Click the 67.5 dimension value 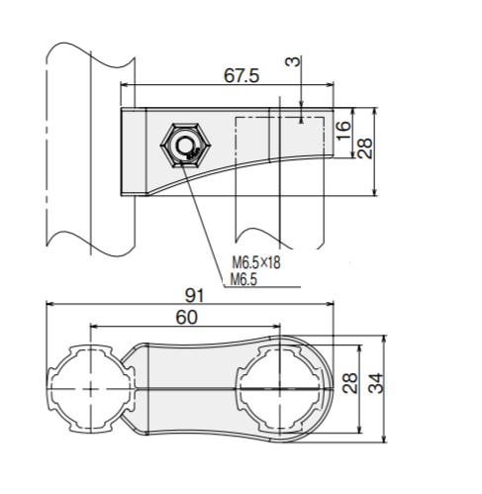pyautogui.click(x=241, y=75)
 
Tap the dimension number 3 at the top pyautogui.click(x=293, y=61)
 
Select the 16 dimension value pyautogui.click(x=343, y=131)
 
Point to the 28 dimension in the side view pyautogui.click(x=365, y=148)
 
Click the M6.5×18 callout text pyautogui.click(x=256, y=263)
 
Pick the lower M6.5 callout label pyautogui.click(x=243, y=279)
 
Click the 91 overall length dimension pyautogui.click(x=195, y=295)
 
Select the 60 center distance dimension pyautogui.click(x=186, y=318)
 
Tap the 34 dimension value pyautogui.click(x=376, y=383)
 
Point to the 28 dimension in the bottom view pyautogui.click(x=349, y=383)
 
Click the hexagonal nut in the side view pyautogui.click(x=185, y=146)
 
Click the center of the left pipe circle pyautogui.click(x=90, y=389)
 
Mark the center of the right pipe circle pyautogui.click(x=280, y=389)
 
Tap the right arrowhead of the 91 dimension pyautogui.click(x=331, y=304)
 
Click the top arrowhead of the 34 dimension pyautogui.click(x=383, y=339)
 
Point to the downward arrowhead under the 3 pyautogui.click(x=301, y=104)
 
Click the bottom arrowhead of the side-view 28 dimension pyautogui.click(x=374, y=192)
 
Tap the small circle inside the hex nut pyautogui.click(x=183, y=146)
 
